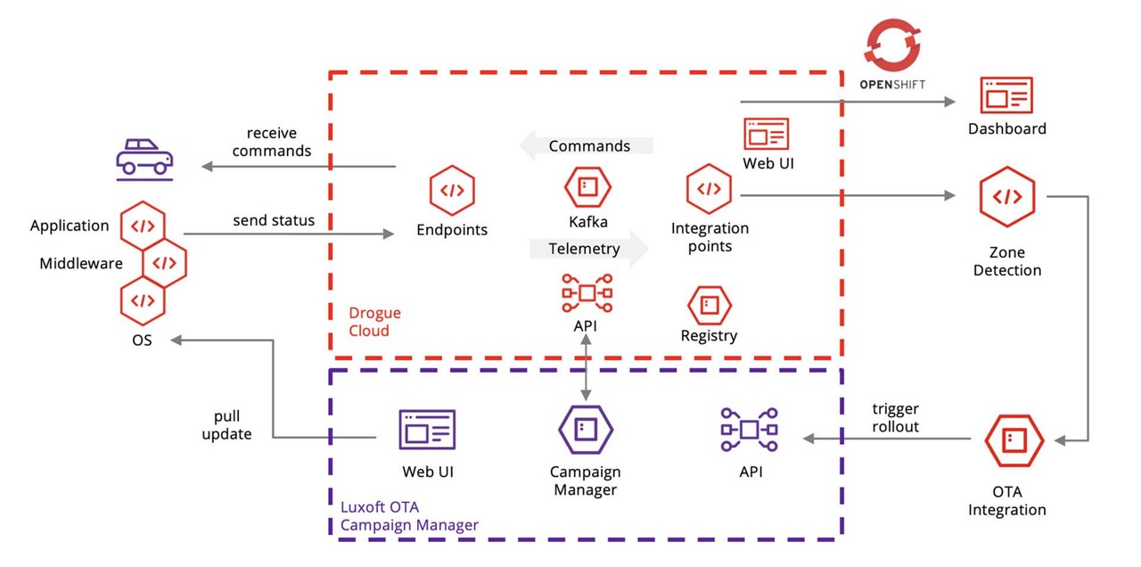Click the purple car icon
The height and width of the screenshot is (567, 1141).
point(144,157)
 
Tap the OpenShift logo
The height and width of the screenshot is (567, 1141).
point(891,54)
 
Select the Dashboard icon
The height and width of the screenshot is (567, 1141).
point(1006,95)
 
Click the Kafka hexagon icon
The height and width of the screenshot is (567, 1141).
point(587,187)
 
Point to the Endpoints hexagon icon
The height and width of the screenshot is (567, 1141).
point(452,191)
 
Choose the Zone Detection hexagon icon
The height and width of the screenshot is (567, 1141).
point(1006,197)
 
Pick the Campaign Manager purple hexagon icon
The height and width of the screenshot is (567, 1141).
point(585,430)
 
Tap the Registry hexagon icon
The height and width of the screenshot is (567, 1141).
point(709,305)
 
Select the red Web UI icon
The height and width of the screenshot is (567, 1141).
point(767,134)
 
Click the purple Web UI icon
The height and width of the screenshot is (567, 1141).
point(427,430)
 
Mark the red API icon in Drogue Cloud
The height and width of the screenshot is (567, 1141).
point(587,292)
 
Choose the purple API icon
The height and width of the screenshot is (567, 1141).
point(749,430)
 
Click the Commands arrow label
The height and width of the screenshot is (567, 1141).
point(588,145)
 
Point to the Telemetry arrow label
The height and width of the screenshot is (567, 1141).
point(585,249)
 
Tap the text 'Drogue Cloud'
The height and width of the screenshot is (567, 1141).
point(374,322)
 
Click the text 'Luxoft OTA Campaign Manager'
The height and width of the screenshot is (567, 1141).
point(409,516)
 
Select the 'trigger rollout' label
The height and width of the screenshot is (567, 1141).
point(895,417)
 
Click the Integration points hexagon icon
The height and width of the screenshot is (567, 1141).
point(709,189)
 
